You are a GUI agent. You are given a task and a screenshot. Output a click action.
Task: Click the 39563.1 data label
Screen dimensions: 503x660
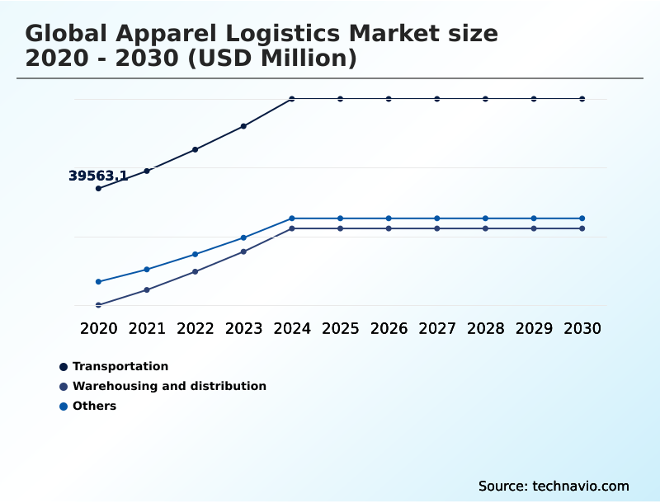coord(97,176)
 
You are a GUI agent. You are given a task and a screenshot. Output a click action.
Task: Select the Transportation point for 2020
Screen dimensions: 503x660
coord(98,189)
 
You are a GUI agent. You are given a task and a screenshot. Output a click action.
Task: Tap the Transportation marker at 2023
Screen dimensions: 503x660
coord(243,126)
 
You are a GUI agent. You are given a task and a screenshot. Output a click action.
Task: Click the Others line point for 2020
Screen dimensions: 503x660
coord(98,282)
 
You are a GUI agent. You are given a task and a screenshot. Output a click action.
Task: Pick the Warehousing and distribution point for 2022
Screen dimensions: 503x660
coord(196,271)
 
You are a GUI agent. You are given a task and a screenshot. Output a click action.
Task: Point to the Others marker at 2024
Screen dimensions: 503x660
coord(292,219)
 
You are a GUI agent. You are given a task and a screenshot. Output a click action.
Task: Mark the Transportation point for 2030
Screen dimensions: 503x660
coord(582,99)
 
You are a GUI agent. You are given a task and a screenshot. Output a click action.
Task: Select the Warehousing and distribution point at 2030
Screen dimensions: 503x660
coord(582,228)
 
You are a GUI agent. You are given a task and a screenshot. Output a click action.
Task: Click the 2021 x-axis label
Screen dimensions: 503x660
coord(147,328)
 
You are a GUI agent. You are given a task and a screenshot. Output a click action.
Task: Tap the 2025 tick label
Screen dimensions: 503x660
coord(340,328)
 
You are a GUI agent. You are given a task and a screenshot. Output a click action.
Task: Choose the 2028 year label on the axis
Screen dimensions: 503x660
coord(485,328)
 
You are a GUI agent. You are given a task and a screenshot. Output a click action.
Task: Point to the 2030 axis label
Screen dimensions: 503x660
coord(582,328)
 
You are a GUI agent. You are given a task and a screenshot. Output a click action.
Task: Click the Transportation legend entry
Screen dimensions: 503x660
coord(120,366)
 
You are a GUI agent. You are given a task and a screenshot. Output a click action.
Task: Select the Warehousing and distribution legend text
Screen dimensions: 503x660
coord(169,386)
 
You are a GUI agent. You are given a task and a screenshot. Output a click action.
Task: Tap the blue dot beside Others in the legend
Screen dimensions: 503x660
coord(64,406)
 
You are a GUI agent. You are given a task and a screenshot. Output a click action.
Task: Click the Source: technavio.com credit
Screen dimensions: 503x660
coord(554,486)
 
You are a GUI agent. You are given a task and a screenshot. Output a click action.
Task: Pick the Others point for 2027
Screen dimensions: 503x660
coord(437,219)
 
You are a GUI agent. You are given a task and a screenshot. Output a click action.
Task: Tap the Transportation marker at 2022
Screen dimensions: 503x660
coord(196,149)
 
